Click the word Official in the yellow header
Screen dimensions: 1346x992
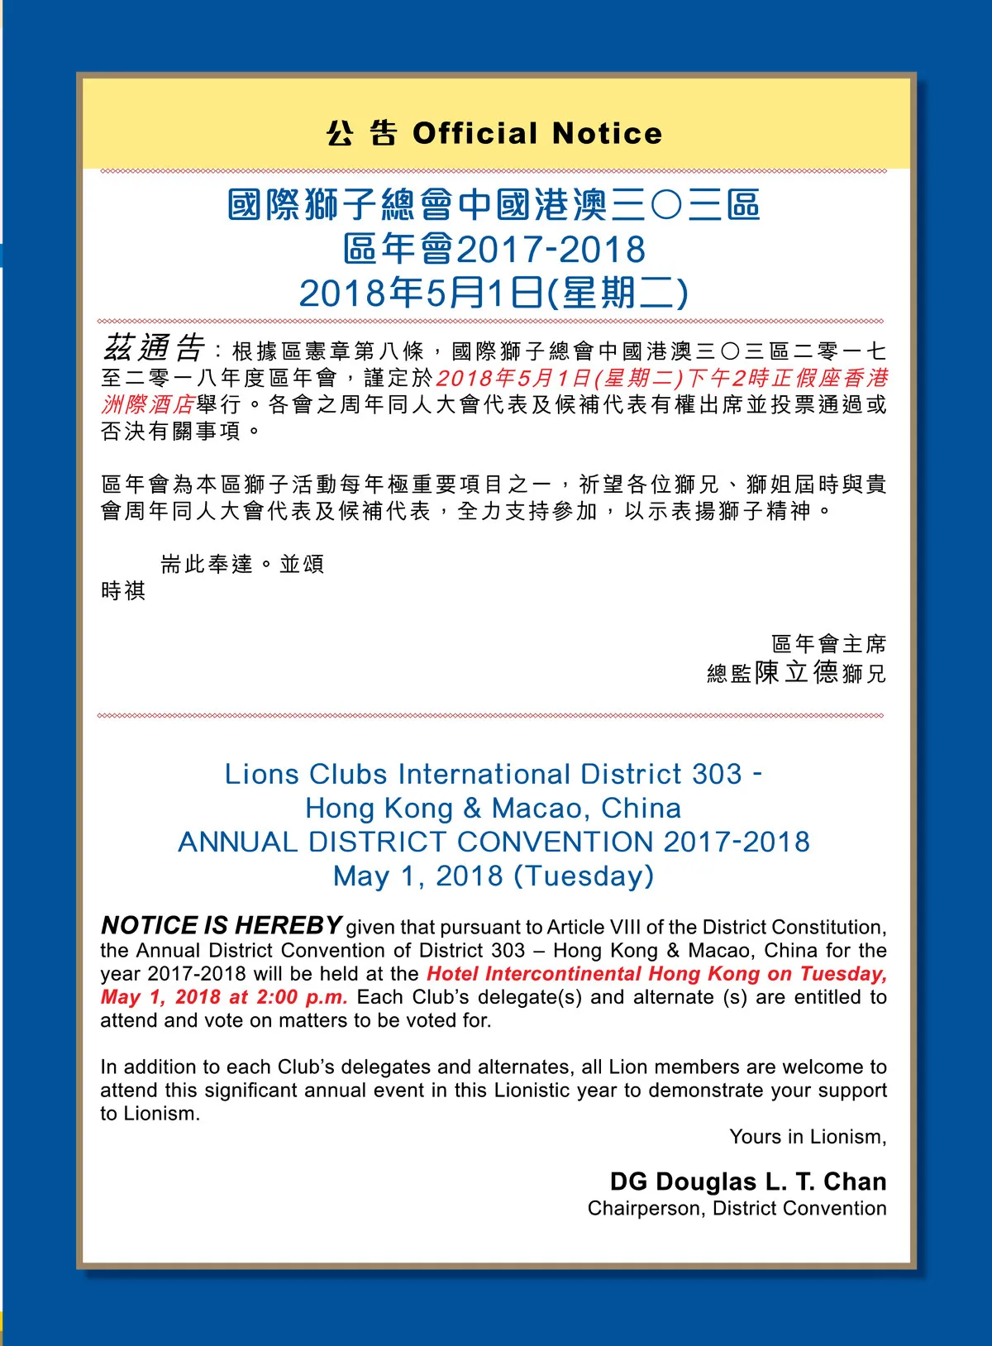click(475, 133)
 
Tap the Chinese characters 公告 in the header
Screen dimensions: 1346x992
click(361, 133)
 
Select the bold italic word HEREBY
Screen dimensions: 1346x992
click(293, 925)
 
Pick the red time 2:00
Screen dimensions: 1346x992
click(277, 997)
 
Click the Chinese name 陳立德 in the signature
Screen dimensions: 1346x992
click(797, 671)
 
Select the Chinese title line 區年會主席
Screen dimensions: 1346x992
click(828, 643)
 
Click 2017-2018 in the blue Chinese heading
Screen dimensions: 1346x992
click(551, 250)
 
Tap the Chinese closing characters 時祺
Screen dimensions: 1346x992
click(123, 590)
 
